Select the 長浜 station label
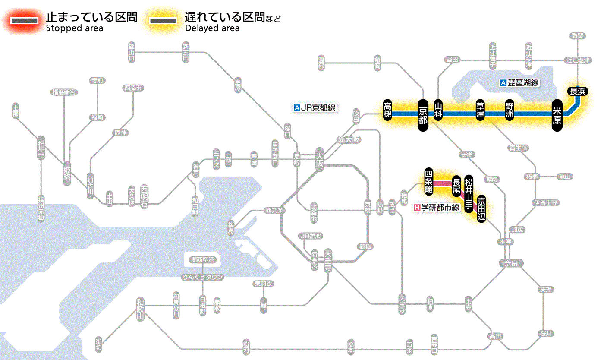click(x=577, y=91)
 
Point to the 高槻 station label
click(x=388, y=110)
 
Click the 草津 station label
click(x=480, y=110)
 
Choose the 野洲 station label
click(x=510, y=110)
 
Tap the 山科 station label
click(x=438, y=110)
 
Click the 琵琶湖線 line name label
click(x=519, y=83)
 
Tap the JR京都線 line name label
click(x=314, y=108)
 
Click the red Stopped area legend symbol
click(x=24, y=21)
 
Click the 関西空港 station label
click(x=203, y=260)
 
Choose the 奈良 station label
click(x=510, y=263)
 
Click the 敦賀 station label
click(x=577, y=36)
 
